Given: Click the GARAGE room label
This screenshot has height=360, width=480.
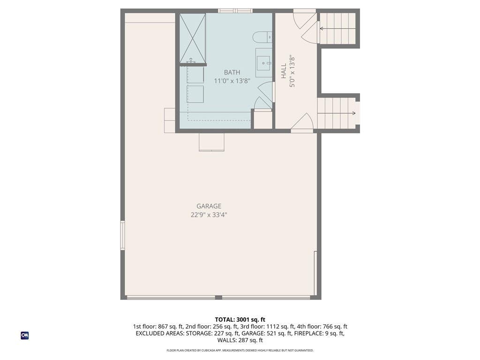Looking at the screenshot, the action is tap(209, 206).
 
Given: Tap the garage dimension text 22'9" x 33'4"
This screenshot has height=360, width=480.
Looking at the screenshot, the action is tap(209, 215).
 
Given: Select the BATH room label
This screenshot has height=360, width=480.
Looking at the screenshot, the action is tap(232, 73).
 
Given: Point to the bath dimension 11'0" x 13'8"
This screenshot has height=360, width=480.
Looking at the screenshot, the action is tap(232, 81).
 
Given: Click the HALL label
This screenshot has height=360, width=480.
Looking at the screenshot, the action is tap(284, 71).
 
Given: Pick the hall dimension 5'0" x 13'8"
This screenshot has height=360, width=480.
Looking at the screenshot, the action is tap(292, 72).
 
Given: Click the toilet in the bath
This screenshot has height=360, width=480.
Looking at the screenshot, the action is tap(262, 37).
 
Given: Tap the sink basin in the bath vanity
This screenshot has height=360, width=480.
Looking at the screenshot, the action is tap(263, 63).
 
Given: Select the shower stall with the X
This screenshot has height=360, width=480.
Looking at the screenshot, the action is tap(193, 38).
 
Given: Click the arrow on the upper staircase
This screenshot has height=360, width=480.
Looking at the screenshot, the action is tap(337, 29).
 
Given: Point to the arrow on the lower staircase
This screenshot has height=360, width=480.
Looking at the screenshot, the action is tap(337, 113).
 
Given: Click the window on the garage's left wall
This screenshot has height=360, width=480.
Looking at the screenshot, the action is tap(122, 235).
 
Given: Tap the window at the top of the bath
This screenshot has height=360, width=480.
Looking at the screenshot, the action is tap(235, 11).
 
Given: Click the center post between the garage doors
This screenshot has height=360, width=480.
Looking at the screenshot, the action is tap(218, 297).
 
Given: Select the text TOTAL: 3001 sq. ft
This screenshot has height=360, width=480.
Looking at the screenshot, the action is tap(240, 320).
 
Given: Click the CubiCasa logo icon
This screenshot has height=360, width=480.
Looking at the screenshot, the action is tap(25, 336).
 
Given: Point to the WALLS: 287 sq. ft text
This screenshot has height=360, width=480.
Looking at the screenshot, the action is tap(240, 340).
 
